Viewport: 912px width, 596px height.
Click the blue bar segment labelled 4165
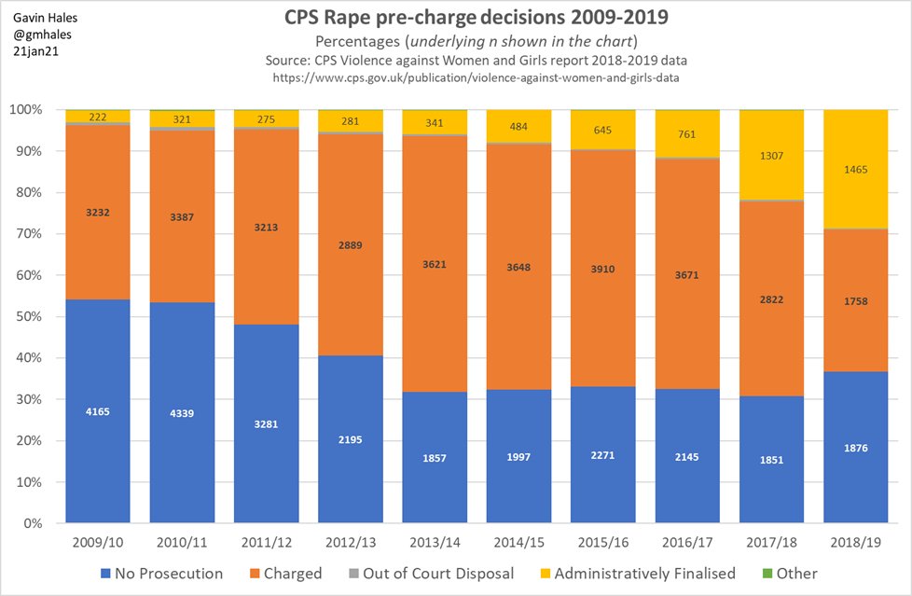[x=98, y=410]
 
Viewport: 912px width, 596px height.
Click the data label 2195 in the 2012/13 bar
[x=351, y=439]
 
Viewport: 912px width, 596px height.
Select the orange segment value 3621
[x=435, y=264]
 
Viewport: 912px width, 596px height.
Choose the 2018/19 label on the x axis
[x=855, y=541]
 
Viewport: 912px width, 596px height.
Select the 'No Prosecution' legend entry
[x=160, y=574]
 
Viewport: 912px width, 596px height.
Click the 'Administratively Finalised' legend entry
[x=636, y=574]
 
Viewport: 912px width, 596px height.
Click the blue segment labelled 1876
[x=855, y=448]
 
